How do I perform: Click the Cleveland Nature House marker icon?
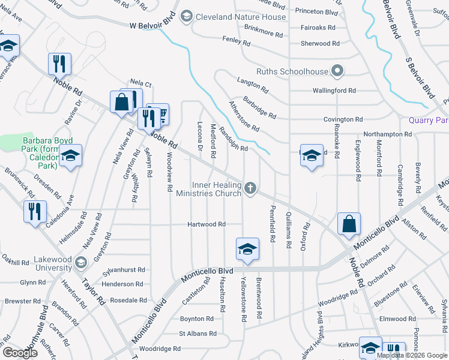pos(187,16)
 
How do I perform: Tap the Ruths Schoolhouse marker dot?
pos(337,71)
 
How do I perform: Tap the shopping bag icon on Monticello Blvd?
pos(349,225)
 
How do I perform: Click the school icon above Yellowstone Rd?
pos(247,249)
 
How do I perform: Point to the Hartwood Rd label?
pos(206,224)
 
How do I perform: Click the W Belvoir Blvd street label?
pos(155,25)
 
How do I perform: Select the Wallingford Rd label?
pos(334,91)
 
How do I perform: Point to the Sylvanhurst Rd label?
pos(124,270)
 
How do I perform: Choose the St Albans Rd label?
pos(197,334)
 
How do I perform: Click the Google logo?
pos(20,353)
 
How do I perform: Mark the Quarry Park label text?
pos(429,120)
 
